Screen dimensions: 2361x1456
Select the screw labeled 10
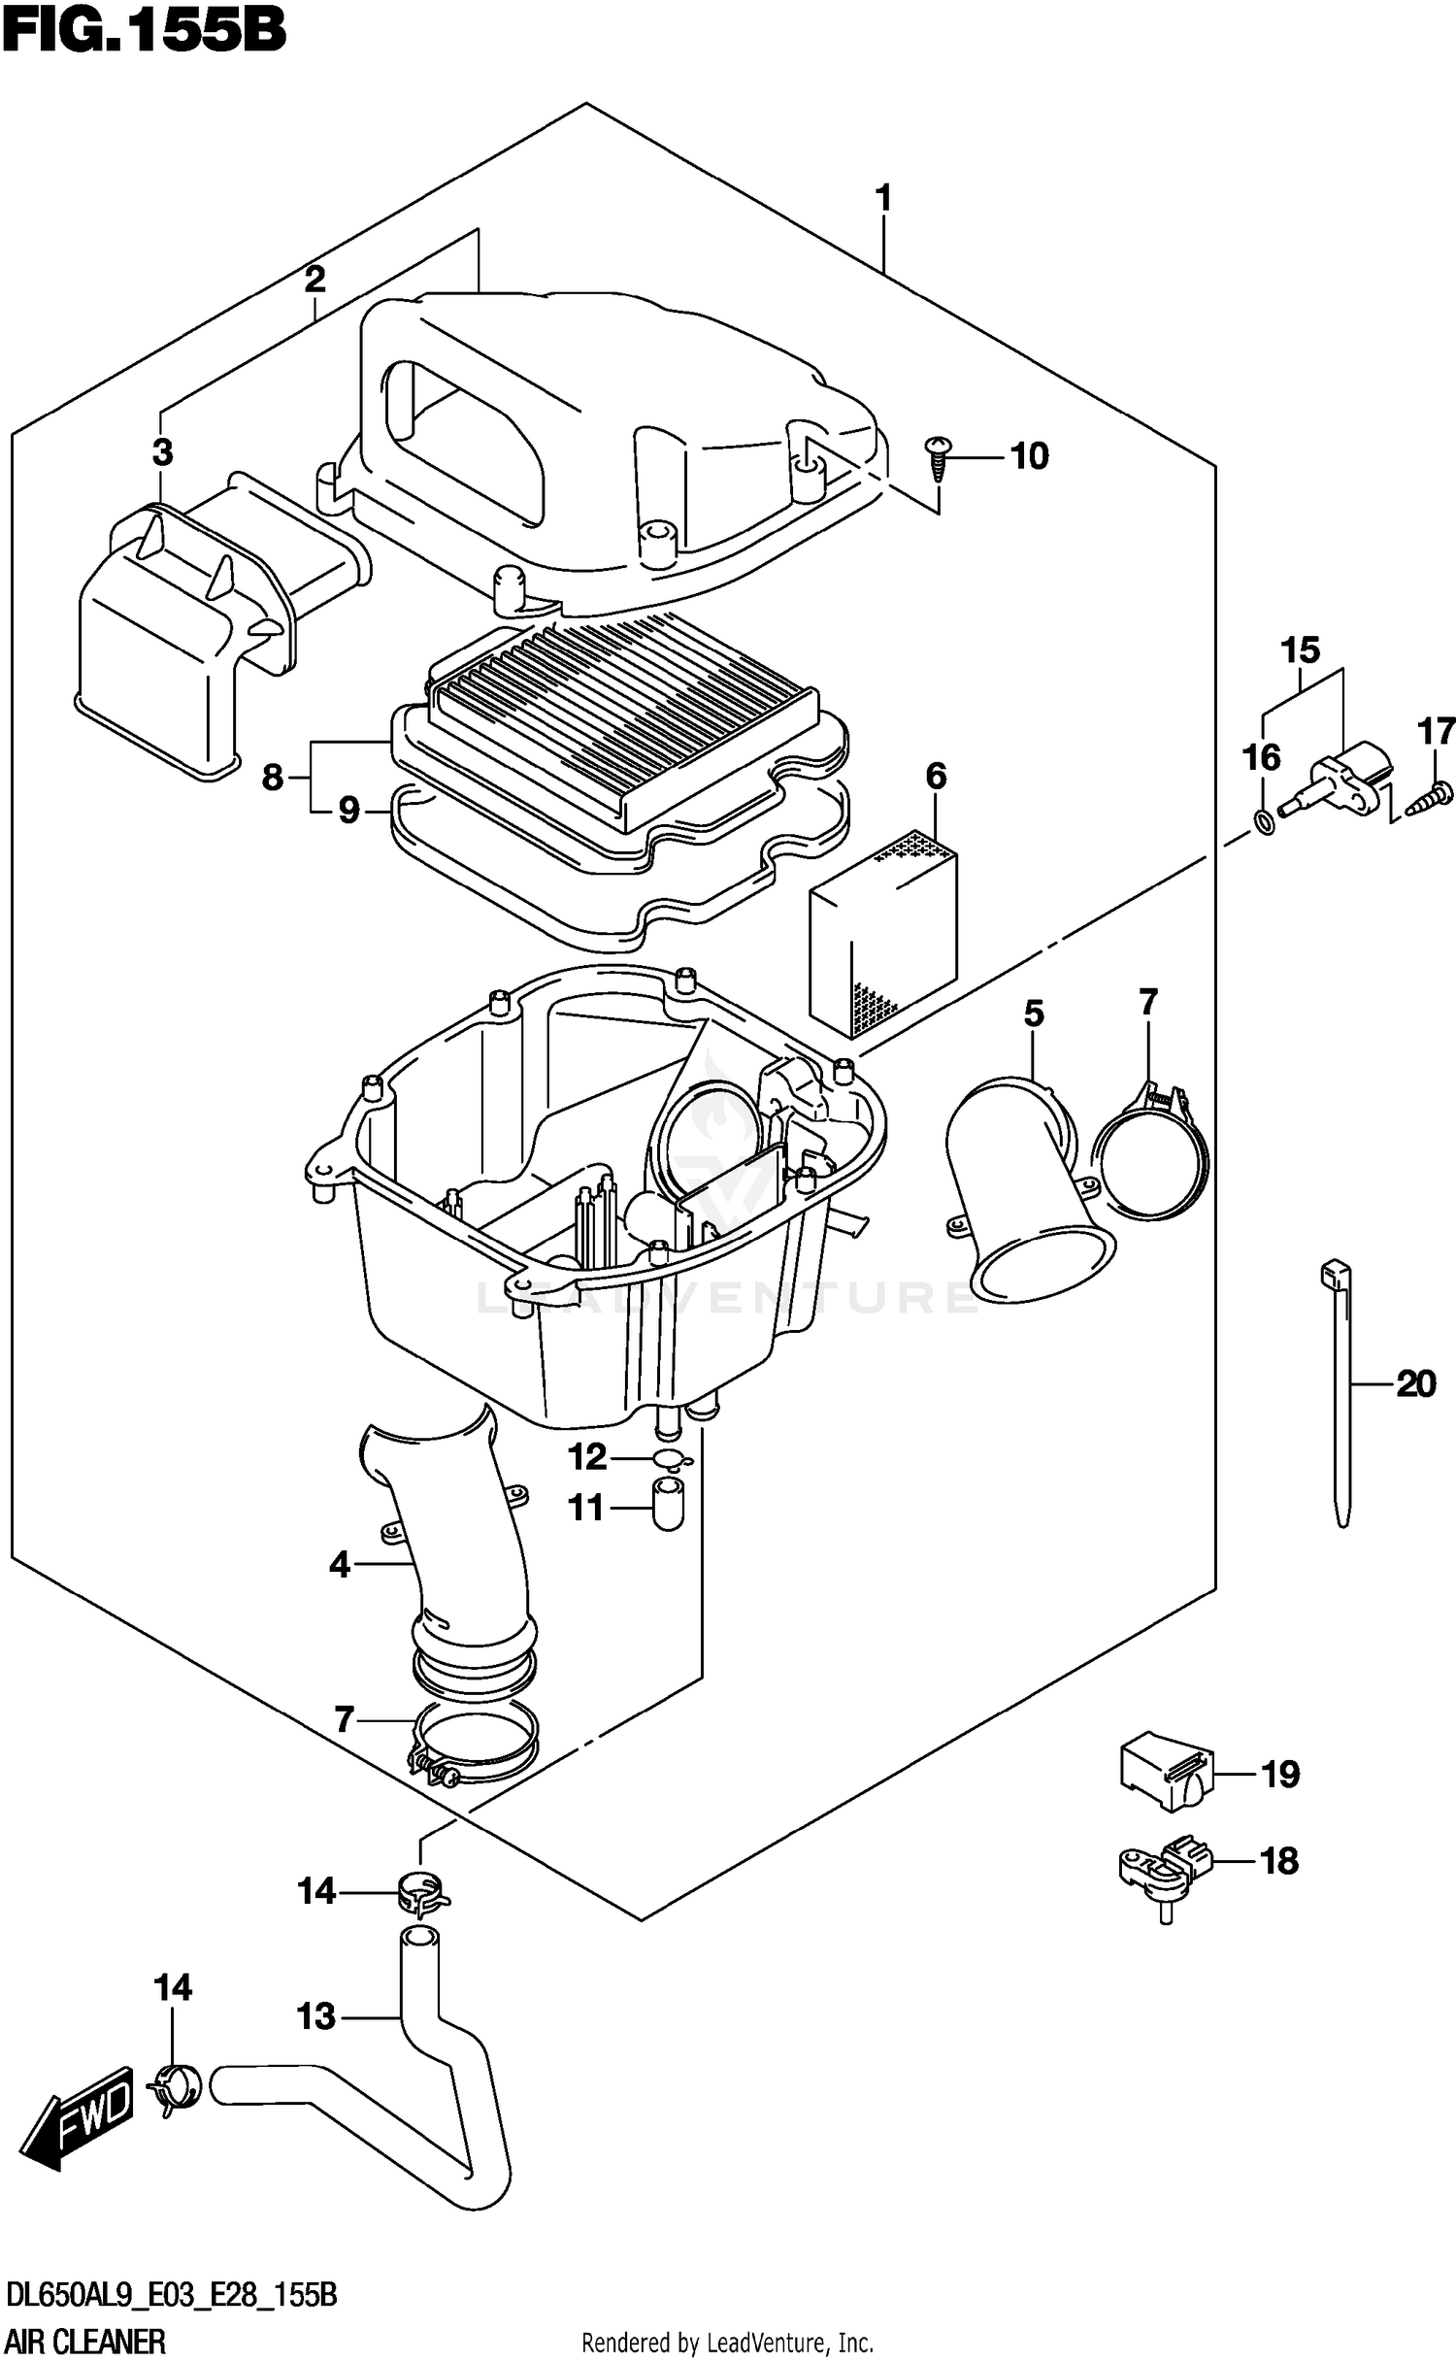point(939,458)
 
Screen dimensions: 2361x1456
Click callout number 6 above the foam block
point(935,776)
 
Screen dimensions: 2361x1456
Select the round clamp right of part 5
point(1153,1155)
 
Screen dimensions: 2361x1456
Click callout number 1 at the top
point(882,198)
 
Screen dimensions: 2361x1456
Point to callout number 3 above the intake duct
point(162,451)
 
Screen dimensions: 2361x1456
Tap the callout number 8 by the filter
point(273,777)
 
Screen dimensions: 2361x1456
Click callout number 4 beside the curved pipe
point(339,1565)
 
